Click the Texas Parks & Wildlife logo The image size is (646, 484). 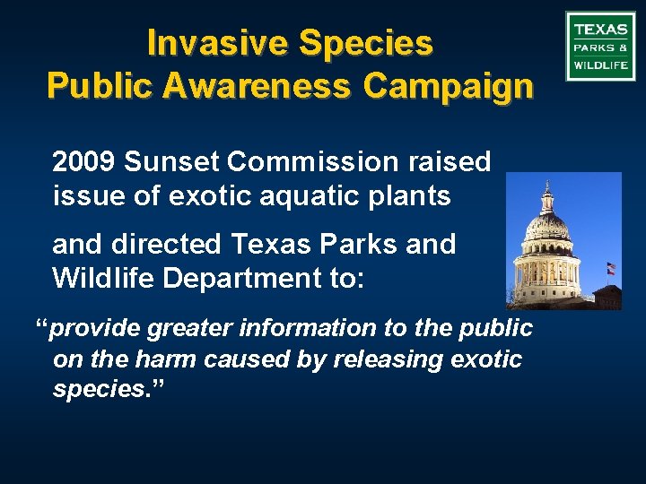600,46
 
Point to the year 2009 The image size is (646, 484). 85,162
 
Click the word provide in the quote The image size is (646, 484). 93,329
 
